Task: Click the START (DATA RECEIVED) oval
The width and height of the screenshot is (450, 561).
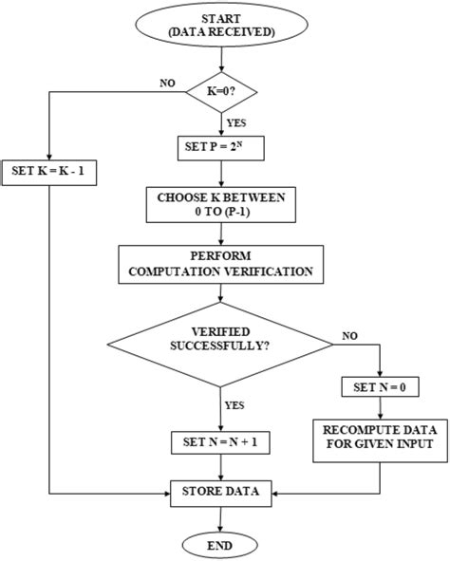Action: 220,26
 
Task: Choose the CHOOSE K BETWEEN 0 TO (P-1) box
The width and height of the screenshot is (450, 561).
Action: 220,206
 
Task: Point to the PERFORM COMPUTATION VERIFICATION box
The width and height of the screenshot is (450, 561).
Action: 220,265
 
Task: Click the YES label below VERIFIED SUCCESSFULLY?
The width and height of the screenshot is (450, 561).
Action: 233,403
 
